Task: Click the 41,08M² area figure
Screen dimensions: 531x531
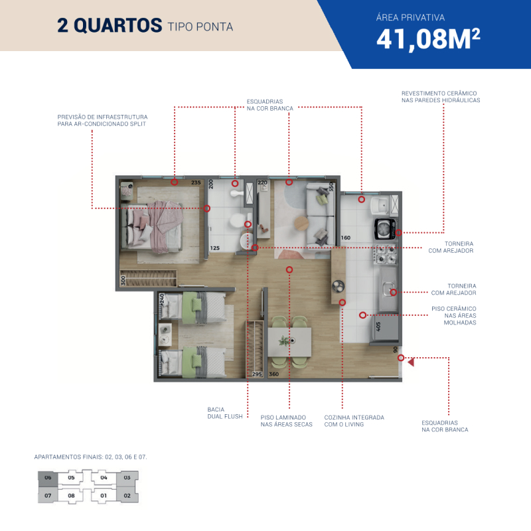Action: point(428,39)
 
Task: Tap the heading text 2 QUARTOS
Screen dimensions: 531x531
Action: point(110,25)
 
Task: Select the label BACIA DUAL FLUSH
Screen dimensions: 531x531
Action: point(225,413)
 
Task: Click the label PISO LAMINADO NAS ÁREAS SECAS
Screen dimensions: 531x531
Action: point(286,421)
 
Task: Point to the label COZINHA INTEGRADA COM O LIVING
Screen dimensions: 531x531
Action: point(354,421)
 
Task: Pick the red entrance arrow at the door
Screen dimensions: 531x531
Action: point(411,362)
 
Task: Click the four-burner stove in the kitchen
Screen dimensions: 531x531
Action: point(385,254)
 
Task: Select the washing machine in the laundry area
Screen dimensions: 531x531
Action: point(385,228)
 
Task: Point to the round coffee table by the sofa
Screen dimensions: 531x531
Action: point(301,224)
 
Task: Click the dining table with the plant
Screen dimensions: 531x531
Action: point(289,342)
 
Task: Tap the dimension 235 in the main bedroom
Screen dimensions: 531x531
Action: point(196,183)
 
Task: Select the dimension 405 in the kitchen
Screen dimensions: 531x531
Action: point(378,327)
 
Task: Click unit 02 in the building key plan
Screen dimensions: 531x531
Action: point(127,495)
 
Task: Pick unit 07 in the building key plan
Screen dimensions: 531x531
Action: point(48,495)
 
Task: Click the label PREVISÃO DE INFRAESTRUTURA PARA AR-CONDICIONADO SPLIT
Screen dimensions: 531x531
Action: point(102,120)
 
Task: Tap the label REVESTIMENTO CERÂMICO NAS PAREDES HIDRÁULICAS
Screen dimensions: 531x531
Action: point(441,96)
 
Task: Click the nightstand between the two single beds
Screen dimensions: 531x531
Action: point(165,335)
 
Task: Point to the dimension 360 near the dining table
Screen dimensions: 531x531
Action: point(273,374)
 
